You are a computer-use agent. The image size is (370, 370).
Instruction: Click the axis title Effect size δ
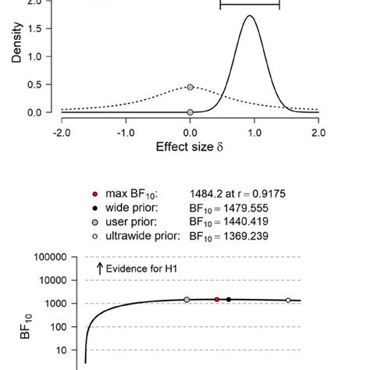click(190, 146)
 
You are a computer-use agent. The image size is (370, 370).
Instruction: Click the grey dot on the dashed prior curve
click(190, 87)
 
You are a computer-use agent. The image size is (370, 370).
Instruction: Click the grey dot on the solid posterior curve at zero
click(190, 112)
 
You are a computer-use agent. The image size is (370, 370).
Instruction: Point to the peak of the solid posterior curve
click(250, 16)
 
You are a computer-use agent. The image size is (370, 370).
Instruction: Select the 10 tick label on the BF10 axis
click(62, 350)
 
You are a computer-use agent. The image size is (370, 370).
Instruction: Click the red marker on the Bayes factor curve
click(216, 299)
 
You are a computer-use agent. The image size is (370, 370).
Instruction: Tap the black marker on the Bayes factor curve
click(229, 299)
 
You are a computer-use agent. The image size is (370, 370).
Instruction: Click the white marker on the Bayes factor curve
click(288, 300)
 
